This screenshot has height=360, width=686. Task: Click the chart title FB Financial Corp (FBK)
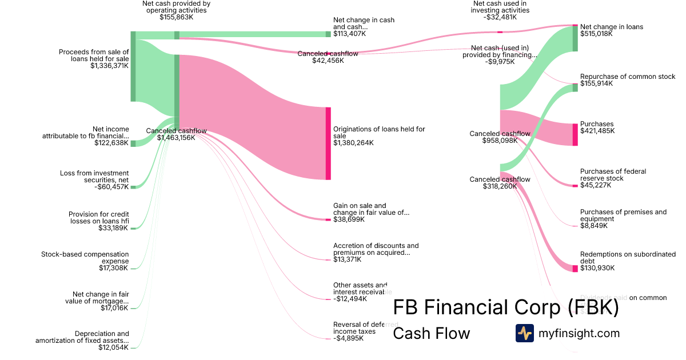coord(506,308)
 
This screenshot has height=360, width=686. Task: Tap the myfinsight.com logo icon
coord(524,333)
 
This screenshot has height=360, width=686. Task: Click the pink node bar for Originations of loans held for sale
coord(328,143)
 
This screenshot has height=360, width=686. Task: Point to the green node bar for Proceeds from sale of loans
coord(133,66)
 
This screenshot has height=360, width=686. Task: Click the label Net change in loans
coord(611,27)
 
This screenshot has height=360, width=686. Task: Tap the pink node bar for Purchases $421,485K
coord(575,134)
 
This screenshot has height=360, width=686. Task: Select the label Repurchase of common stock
coord(619,77)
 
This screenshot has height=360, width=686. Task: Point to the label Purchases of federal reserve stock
coord(609,174)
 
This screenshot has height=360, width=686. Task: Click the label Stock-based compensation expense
coord(85,258)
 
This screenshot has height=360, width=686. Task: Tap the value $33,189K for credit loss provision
coord(114,228)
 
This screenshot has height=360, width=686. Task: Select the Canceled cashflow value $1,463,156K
coord(176,138)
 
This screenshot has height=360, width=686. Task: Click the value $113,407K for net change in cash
coord(349,34)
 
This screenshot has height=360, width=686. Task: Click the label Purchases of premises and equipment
coord(623,215)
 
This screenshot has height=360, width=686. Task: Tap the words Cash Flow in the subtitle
coord(431,333)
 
